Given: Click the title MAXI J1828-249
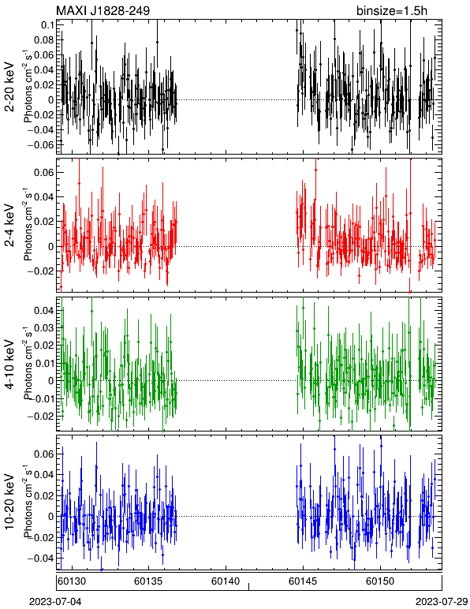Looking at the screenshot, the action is coord(103,10).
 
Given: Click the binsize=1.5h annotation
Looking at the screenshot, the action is coord(392,10).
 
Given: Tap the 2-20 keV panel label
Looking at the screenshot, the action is coord(9,87).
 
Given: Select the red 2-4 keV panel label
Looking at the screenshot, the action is coord(9,226).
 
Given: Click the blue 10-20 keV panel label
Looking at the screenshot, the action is coord(9,502).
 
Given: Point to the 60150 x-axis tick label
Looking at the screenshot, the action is coord(380,581).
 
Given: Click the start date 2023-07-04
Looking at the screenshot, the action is coord(55,602).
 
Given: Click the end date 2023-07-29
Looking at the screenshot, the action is coord(442,602).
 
